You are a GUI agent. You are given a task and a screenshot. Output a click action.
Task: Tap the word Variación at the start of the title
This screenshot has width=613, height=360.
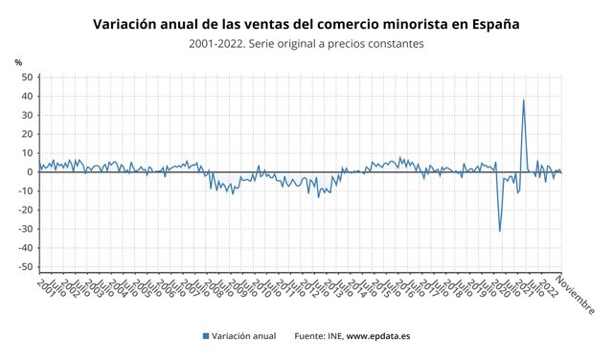tap(129, 22)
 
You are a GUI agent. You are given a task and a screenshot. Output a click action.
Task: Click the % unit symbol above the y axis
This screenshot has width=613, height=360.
tap(18, 62)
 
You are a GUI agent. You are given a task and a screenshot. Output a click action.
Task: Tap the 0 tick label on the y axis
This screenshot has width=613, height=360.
tap(30, 172)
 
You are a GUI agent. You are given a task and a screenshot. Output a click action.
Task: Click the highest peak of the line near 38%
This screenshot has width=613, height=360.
tap(523, 100)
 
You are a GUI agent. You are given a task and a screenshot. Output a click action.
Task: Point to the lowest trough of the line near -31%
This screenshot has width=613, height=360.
tap(499, 231)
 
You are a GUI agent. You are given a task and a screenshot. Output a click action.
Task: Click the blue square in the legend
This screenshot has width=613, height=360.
tap(206, 336)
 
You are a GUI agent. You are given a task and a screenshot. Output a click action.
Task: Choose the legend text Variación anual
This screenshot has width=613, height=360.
tap(244, 336)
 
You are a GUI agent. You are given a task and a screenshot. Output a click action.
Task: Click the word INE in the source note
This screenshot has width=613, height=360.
tap(332, 336)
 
